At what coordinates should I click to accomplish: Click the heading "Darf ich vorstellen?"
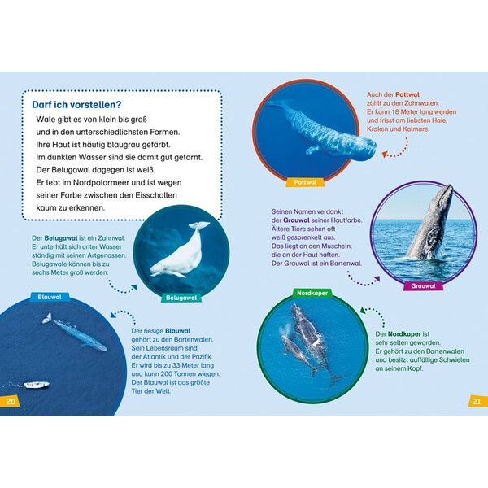(76, 105)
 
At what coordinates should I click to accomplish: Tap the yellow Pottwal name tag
(305, 182)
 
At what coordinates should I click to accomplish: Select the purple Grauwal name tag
(423, 286)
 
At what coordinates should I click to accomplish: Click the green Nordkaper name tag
(312, 293)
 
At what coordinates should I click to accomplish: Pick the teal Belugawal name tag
(181, 298)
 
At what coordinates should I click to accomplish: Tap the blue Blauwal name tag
(50, 297)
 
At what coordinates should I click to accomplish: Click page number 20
(10, 401)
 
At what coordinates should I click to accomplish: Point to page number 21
(477, 402)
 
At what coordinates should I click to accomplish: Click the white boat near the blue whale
(37, 385)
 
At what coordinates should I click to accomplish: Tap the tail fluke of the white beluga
(199, 224)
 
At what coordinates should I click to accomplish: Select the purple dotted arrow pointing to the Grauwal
(361, 282)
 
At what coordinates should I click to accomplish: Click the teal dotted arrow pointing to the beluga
(120, 290)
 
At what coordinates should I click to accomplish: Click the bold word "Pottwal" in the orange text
(407, 94)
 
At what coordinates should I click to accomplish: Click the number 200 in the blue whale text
(168, 374)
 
